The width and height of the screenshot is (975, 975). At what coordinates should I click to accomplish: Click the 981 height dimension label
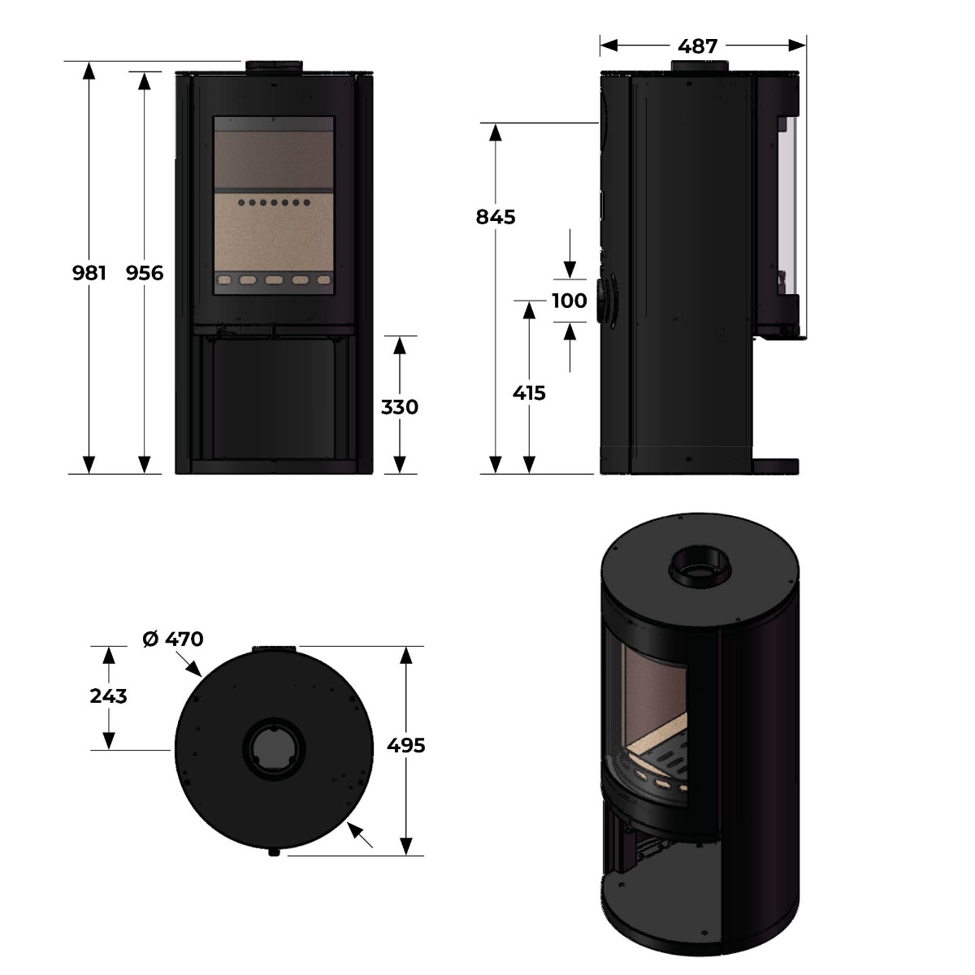tap(89, 273)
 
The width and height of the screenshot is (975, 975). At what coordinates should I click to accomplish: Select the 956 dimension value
tap(145, 273)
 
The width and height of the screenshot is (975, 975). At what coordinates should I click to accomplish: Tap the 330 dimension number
tap(400, 407)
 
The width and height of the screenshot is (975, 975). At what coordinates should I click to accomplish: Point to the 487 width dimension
tap(698, 46)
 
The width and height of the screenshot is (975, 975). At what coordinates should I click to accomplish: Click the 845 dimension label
tap(496, 217)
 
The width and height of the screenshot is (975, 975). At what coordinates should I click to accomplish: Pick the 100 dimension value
tap(570, 301)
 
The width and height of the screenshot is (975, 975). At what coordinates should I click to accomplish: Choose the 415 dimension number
tap(529, 392)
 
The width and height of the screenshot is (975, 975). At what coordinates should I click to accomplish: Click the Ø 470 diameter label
tap(173, 639)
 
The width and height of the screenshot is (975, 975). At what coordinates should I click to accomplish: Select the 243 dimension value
tap(108, 696)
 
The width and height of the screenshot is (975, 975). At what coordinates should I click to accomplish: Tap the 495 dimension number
tap(405, 745)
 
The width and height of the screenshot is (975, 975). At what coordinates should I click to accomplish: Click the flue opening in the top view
tap(274, 749)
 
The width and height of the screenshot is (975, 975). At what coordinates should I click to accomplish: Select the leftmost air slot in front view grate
tap(223, 279)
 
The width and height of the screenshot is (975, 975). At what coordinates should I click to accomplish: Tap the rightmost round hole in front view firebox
tap(306, 202)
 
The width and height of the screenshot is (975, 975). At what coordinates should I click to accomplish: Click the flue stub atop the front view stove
tap(275, 67)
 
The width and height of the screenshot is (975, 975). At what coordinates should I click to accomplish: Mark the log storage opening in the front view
tap(274, 400)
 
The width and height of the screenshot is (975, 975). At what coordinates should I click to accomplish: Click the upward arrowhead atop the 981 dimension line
tap(89, 71)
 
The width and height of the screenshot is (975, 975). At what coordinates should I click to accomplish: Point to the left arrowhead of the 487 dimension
tap(609, 45)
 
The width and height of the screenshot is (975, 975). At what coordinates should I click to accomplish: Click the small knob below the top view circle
tap(274, 853)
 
